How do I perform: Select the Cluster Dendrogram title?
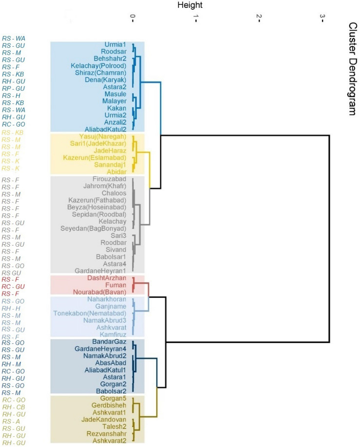[352, 68]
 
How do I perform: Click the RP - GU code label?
[14, 89]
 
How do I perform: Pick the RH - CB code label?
[14, 407]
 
